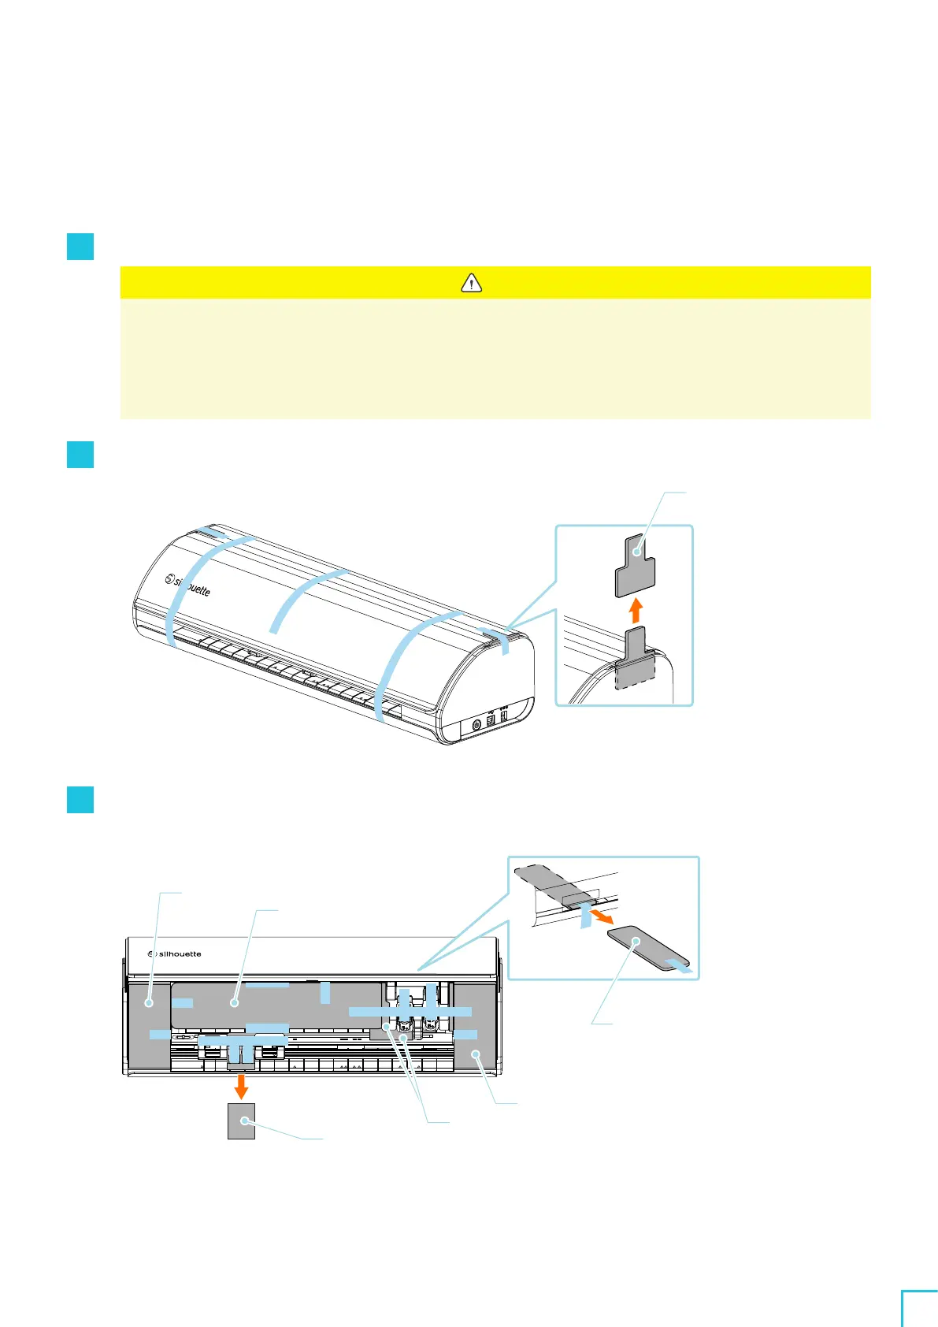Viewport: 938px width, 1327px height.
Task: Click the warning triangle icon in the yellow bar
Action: click(x=471, y=282)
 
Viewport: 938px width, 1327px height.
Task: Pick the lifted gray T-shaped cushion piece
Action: click(x=635, y=565)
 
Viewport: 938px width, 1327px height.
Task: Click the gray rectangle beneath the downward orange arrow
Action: click(x=241, y=1121)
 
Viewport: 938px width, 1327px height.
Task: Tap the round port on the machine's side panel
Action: click(x=476, y=723)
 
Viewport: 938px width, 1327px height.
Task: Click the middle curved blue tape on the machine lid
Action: click(x=307, y=597)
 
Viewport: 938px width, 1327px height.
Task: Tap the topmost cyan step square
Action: click(x=80, y=247)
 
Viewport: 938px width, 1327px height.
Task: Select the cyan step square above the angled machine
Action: click(x=80, y=455)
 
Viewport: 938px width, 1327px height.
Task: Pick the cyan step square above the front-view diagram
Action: click(x=80, y=800)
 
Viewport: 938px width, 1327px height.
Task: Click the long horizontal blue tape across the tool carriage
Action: click(x=410, y=1011)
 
